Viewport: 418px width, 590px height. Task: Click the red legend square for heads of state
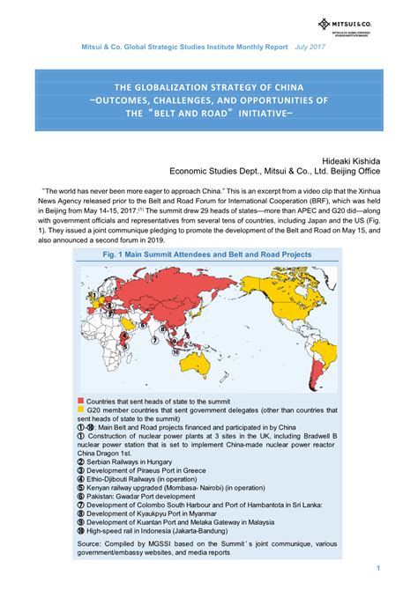coord(80,400)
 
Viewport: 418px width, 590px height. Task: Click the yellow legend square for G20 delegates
coord(80,409)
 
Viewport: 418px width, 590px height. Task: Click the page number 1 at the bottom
coord(377,566)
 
